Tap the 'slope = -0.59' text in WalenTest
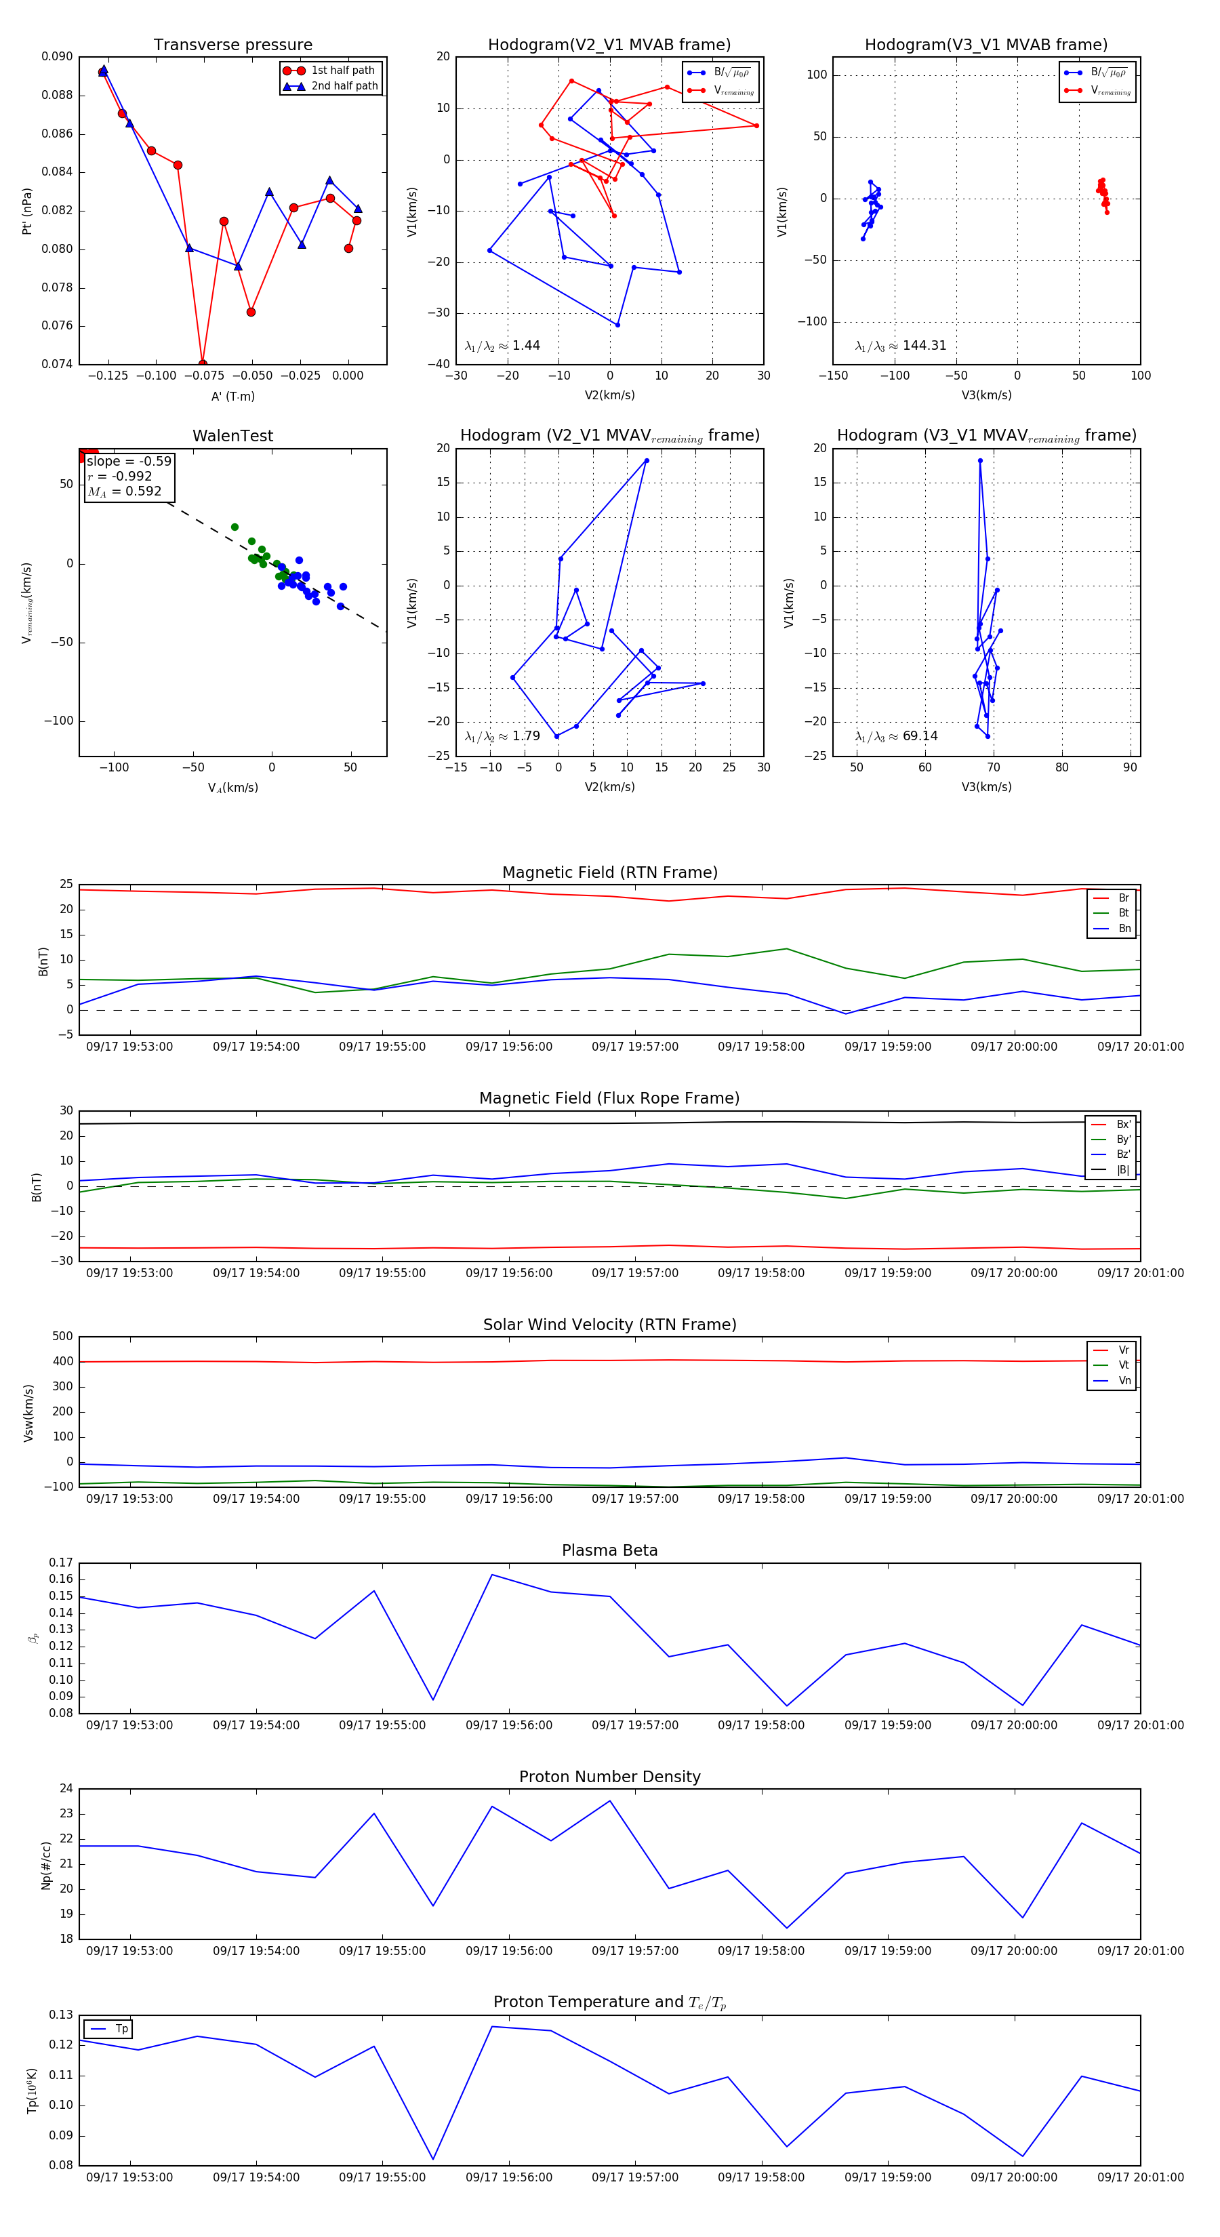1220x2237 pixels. click(129, 461)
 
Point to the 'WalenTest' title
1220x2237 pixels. click(232, 436)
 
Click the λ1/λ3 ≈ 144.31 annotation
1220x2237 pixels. click(901, 346)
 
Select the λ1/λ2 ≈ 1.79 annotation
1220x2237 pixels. click(502, 736)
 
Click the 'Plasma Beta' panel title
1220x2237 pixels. click(609, 1551)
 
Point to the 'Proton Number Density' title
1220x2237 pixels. click(609, 1777)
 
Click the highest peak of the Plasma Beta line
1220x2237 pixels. click(492, 1575)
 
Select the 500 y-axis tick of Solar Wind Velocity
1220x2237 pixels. click(62, 1337)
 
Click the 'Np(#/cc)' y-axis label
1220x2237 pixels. click(46, 1866)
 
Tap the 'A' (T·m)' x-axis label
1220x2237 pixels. click(232, 396)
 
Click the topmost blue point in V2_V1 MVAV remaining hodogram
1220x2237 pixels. click(647, 460)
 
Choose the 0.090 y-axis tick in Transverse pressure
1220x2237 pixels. click(58, 58)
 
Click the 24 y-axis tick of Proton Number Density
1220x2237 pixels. click(67, 1789)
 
